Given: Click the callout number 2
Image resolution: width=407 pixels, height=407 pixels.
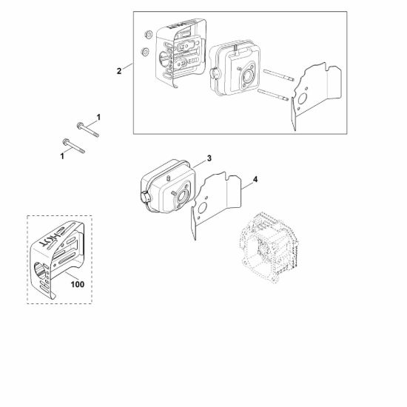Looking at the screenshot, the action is [x=119, y=71].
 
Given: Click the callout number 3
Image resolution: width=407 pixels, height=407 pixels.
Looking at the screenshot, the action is [x=209, y=158].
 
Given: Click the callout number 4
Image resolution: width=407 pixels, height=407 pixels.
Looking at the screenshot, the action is [x=255, y=179].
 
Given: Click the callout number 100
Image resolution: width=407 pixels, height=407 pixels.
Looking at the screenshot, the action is [x=78, y=284].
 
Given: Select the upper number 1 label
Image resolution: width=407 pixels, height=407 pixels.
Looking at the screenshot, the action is [x=98, y=118].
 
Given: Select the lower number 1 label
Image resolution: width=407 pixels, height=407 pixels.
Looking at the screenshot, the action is [x=62, y=156].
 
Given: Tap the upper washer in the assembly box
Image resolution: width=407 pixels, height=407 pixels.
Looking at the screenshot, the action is [x=149, y=35].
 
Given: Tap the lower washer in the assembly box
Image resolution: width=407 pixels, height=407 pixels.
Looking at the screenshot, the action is [x=144, y=51].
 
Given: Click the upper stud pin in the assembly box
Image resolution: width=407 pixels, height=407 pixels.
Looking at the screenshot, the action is [x=278, y=75].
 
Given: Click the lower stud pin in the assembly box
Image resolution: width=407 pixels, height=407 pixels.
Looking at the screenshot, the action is [x=273, y=95].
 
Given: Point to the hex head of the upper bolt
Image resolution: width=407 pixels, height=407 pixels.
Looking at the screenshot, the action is [x=80, y=126].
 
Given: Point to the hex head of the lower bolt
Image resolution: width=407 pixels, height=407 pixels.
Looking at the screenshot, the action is [x=66, y=142].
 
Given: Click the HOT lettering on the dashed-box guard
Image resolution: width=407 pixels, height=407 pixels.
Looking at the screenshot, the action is [x=52, y=237].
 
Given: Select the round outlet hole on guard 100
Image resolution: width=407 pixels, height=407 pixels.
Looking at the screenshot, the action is [x=39, y=271].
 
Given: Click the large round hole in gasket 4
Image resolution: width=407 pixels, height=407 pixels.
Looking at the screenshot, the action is [x=202, y=208].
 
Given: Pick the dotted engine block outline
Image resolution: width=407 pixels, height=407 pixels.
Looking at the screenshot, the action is [x=268, y=247].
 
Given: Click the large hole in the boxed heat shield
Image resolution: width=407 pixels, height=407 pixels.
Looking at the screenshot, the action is [x=303, y=99].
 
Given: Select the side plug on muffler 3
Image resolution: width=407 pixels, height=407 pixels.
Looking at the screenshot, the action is [x=145, y=197].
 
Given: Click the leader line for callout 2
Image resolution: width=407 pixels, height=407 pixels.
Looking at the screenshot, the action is [x=127, y=66].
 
